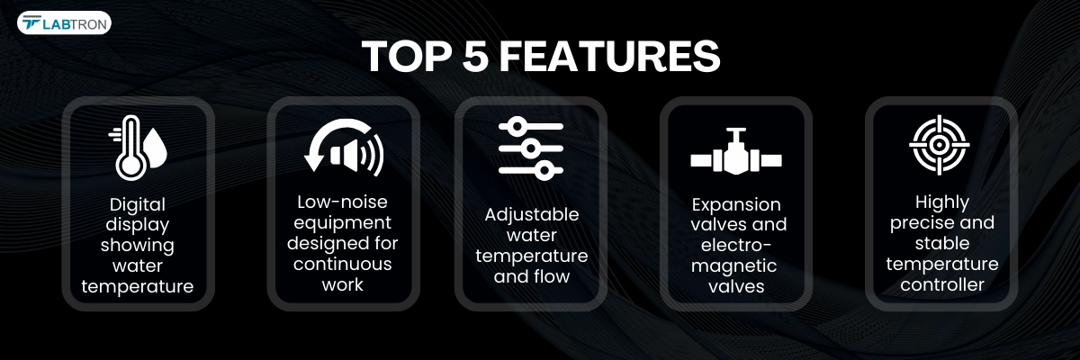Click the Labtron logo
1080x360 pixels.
(64, 23)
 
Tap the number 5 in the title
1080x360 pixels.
(475, 56)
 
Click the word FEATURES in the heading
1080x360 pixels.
(609, 56)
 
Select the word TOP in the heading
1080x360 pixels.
(406, 56)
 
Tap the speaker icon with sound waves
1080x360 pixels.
(356, 154)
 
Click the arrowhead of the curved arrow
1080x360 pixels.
(314, 163)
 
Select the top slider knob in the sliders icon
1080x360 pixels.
(517, 126)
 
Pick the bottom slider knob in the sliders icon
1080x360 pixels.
(544, 171)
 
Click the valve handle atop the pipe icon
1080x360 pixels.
(736, 130)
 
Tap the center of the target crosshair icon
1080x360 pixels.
(940, 145)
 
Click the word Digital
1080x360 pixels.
(138, 205)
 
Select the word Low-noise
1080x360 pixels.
(342, 202)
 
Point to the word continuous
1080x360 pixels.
(342, 264)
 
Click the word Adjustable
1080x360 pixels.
(532, 215)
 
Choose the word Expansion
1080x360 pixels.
(736, 205)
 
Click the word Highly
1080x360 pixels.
(942, 202)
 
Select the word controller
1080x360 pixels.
(942, 284)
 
